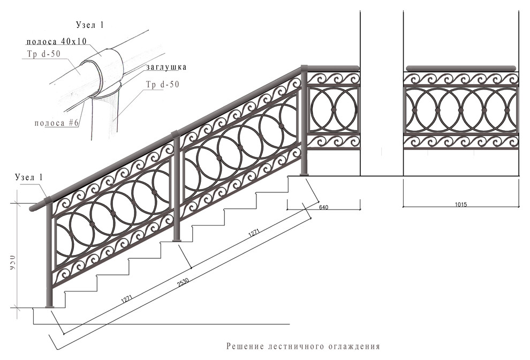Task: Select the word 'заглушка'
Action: [165, 67]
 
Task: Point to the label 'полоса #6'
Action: [57, 123]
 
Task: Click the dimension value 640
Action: [323, 207]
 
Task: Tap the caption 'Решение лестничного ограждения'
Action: [302, 346]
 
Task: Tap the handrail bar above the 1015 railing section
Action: [460, 69]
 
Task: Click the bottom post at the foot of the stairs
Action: [50, 257]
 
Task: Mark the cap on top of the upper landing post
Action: [304, 67]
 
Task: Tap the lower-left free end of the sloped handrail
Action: [33, 207]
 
